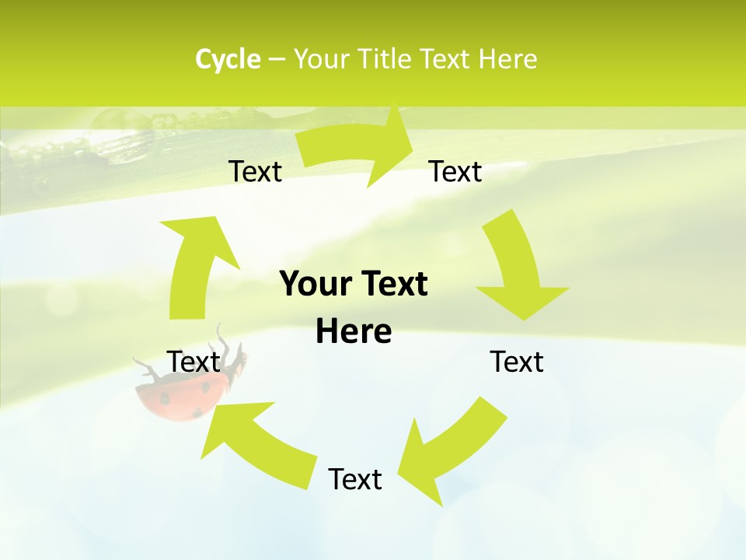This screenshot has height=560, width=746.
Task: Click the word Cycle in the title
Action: pos(228,59)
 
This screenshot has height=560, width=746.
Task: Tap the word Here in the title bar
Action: pos(507,59)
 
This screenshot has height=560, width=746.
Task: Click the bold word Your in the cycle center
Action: pos(315,284)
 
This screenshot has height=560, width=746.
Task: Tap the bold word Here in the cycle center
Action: pos(354,331)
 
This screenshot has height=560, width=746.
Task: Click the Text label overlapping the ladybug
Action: pos(193,362)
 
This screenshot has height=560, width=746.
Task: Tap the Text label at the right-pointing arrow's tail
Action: pos(255,171)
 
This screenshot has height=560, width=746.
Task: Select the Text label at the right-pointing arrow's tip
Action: pos(455,171)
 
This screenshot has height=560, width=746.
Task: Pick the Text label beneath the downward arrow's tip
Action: pos(517,362)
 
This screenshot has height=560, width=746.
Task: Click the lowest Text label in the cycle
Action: pos(354,479)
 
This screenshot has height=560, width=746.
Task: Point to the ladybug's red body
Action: pos(175,401)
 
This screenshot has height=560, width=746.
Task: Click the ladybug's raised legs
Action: pos(225,342)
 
